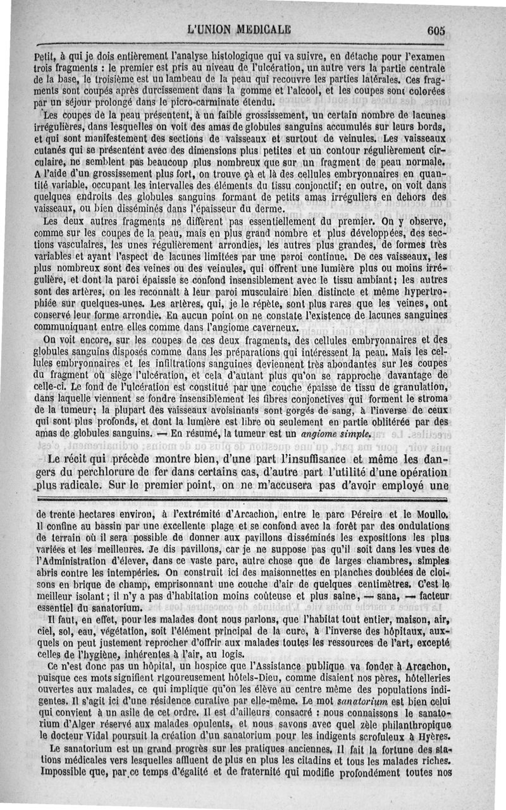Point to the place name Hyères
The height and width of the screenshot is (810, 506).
click(432, 736)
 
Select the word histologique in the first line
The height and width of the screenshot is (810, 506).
click(225, 57)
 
